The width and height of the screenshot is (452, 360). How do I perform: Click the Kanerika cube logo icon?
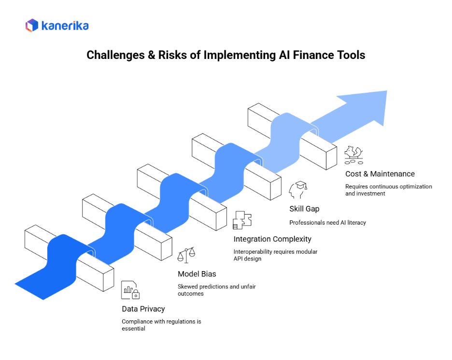(32, 26)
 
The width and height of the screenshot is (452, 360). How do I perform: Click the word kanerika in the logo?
(65, 26)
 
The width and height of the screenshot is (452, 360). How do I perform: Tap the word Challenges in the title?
(115, 55)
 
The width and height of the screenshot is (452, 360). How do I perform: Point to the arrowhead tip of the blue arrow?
(387, 91)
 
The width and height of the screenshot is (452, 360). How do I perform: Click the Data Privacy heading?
(143, 309)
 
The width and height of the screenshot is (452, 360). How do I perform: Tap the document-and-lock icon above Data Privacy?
(130, 290)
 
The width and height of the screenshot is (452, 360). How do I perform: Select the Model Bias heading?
(197, 274)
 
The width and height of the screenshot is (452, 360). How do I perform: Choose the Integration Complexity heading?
(272, 239)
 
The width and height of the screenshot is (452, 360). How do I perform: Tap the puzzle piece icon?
(242, 220)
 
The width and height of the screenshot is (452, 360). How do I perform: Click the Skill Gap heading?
(304, 209)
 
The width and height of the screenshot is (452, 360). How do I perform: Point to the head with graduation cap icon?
(298, 190)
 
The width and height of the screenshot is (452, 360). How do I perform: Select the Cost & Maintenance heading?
(380, 174)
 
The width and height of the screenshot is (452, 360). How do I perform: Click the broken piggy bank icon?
(353, 155)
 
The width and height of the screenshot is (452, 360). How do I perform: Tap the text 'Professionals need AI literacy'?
(327, 223)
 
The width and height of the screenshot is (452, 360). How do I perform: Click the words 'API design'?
(247, 259)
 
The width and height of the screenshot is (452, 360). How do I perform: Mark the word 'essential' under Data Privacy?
(133, 329)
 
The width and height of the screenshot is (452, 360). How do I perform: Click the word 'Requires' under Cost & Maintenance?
(356, 187)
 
